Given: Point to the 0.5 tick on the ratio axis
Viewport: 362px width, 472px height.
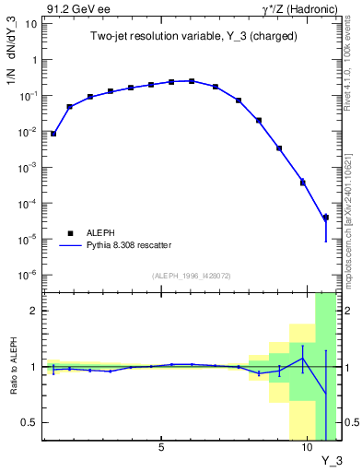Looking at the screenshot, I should pos(31,422).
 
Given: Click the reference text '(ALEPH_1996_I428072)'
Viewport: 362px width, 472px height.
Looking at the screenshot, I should pos(191,276).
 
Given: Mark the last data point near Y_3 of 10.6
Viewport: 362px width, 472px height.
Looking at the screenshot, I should pos(326,218).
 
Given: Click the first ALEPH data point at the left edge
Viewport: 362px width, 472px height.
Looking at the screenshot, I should pos(53,134).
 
